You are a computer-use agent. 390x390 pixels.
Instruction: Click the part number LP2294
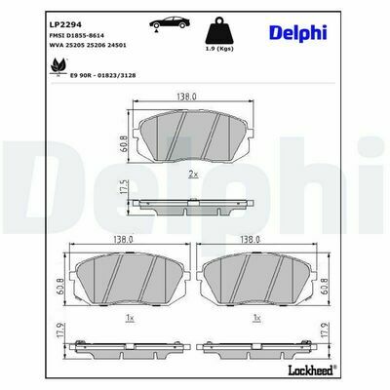(65, 24)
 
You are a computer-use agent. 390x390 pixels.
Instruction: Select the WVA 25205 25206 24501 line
(88, 45)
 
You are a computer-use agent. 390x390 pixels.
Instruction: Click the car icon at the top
(170, 23)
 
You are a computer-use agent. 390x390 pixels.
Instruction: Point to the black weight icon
(219, 31)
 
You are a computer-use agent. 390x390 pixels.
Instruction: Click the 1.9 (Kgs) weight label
(220, 49)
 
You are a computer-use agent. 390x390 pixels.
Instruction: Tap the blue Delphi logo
(297, 32)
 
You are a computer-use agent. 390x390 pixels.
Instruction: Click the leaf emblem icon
(58, 66)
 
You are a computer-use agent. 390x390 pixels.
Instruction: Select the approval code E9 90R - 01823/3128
(103, 75)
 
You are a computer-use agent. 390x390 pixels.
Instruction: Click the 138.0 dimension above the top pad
(186, 97)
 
